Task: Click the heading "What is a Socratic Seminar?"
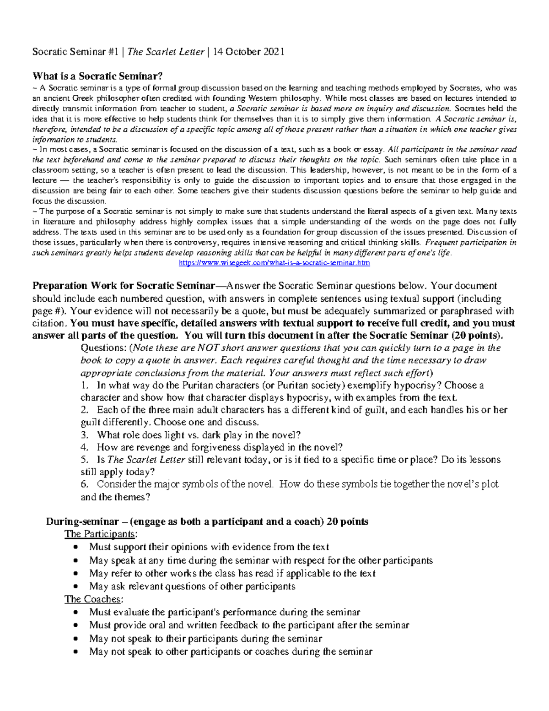(97, 76)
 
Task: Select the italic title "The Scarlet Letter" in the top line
(166, 52)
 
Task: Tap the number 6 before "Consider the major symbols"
(84, 484)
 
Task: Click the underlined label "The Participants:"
(100, 534)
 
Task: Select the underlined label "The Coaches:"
(94, 599)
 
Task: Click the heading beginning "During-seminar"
(207, 521)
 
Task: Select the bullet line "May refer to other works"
(232, 573)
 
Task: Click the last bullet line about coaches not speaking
(231, 651)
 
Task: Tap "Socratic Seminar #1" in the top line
(75, 52)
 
